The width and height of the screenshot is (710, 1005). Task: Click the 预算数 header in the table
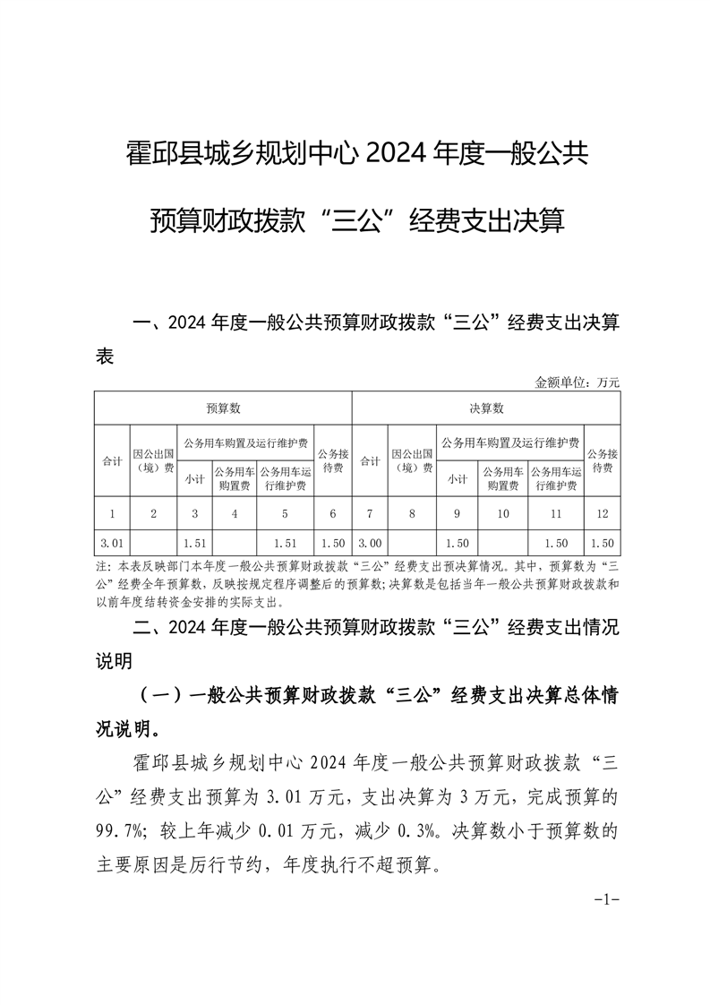coord(223,408)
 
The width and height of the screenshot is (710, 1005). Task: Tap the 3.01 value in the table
coord(112,543)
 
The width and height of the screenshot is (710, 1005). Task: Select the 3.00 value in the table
coord(370,543)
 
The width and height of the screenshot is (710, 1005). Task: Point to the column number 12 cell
coord(602,513)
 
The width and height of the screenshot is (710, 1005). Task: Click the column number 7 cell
coord(370,513)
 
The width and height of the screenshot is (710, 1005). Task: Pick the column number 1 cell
coord(112,513)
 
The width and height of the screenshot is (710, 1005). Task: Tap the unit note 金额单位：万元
coord(577,382)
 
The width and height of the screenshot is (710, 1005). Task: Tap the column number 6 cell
coord(333,513)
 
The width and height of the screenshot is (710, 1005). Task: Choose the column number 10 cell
coord(503,513)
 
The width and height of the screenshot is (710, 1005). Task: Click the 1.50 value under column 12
coord(602,543)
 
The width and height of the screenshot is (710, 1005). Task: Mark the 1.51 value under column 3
coord(194,543)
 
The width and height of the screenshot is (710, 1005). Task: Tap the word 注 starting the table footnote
coord(99,568)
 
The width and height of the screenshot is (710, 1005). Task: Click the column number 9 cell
coord(457,513)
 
